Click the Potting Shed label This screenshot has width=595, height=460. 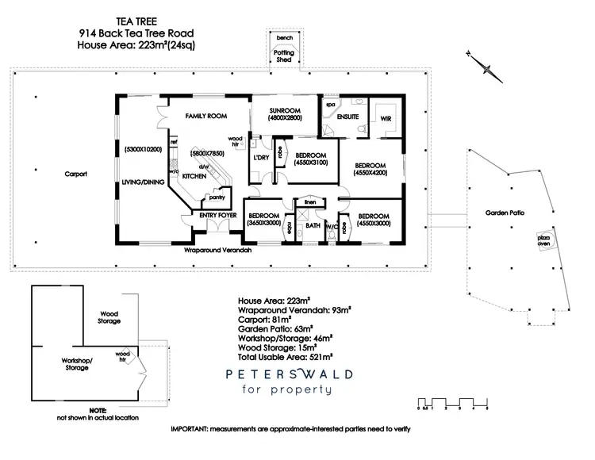(x=284, y=56)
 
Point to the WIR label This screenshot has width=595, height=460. (x=387, y=118)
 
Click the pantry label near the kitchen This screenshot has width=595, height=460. (x=216, y=198)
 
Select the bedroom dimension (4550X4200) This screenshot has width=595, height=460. (x=370, y=173)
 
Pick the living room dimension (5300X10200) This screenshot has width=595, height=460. (x=143, y=149)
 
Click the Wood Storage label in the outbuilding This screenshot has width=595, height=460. (x=109, y=317)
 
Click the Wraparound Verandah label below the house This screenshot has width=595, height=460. (x=217, y=250)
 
